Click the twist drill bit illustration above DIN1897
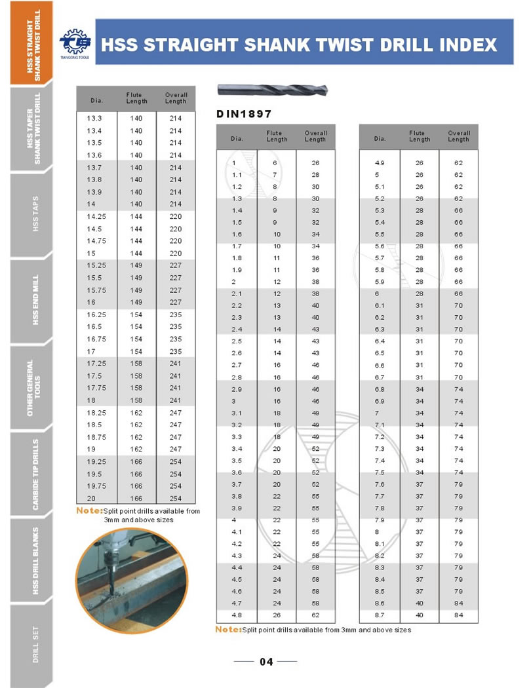[273, 90]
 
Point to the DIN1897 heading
[244, 114]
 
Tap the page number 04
[266, 662]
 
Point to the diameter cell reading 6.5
[380, 353]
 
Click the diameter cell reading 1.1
[237, 174]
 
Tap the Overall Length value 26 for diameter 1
[315, 162]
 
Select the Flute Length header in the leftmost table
[137, 98]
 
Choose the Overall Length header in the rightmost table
[458, 136]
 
